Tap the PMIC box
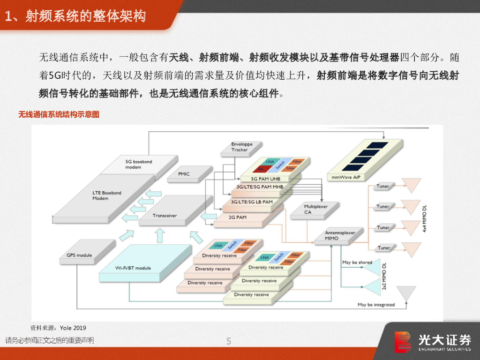(x=184, y=174)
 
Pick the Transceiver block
(x=165, y=216)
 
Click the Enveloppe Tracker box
(x=239, y=147)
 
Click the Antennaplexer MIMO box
(x=340, y=235)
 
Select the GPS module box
(x=79, y=255)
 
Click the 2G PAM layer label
(x=237, y=217)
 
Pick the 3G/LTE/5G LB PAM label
(x=252, y=202)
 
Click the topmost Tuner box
(x=383, y=186)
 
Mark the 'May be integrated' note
(x=376, y=305)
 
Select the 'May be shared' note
(x=357, y=262)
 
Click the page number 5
(x=229, y=341)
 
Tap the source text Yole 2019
(x=73, y=328)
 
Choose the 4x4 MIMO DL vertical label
(x=425, y=217)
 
